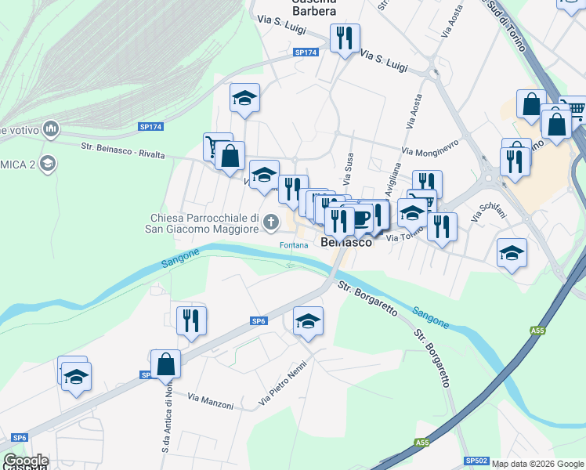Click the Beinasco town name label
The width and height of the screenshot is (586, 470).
coord(346,243)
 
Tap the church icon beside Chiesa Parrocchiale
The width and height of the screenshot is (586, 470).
coord(271,222)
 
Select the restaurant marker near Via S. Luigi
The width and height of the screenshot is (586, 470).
coord(345,37)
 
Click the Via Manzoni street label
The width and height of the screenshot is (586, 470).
coord(211,402)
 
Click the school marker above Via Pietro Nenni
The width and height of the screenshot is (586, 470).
coord(308,321)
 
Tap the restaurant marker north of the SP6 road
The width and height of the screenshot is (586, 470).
coord(191,320)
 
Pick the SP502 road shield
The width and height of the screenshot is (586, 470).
coord(476,461)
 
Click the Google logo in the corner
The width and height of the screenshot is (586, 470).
coord(25,461)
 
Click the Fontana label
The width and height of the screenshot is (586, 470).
coord(294,245)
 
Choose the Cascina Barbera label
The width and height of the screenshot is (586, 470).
coord(314,8)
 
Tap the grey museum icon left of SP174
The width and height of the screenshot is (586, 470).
coord(52,127)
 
